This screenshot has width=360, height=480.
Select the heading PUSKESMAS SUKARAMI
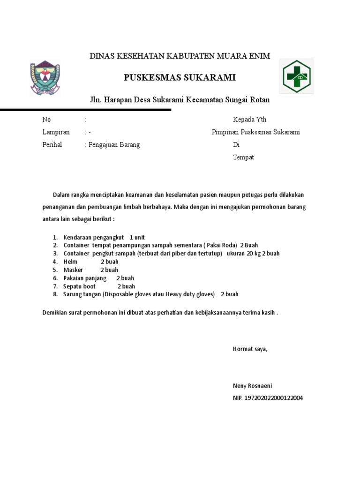point(180,78)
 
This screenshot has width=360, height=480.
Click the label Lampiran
point(56,132)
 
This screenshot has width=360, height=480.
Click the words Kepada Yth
point(249,120)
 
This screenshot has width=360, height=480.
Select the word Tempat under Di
point(243,157)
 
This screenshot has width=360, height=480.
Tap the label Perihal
point(52,145)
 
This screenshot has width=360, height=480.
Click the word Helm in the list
point(71,262)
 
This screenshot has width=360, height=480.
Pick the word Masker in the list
point(73,270)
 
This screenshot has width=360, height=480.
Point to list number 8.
point(55,294)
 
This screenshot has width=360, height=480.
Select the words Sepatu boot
point(79,286)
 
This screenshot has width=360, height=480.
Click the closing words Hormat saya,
point(250,349)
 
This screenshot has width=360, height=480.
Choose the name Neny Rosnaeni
point(252,386)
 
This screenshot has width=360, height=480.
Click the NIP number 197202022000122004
point(268,398)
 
